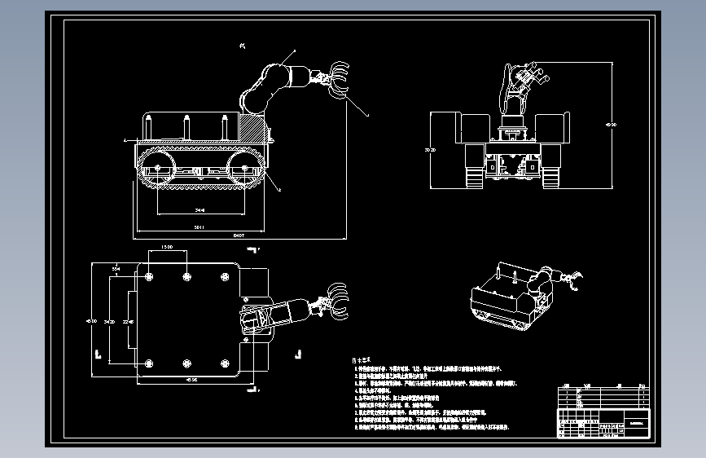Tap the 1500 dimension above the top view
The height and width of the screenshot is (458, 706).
[x=167, y=246]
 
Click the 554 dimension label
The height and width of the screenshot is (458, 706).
[x=116, y=266]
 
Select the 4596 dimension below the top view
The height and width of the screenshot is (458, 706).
[x=191, y=378]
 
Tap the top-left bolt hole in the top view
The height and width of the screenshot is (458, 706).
[x=149, y=278]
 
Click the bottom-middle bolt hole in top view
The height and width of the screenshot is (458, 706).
[x=187, y=363]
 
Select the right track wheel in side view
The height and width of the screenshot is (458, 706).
[x=244, y=171]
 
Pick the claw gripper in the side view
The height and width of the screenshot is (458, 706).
[x=339, y=79]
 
